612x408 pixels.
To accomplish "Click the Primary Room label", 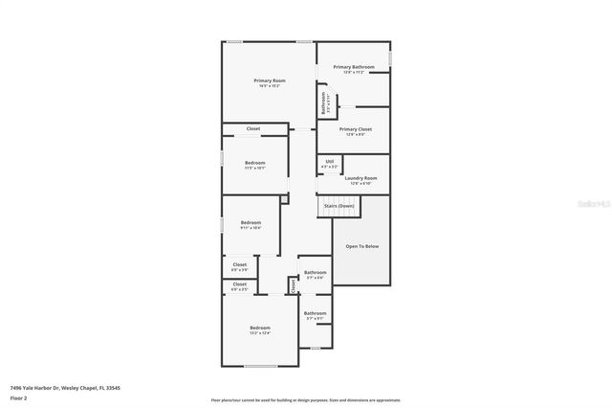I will pyautogui.click(x=270, y=80).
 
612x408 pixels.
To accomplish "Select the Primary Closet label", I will pyautogui.click(x=355, y=128).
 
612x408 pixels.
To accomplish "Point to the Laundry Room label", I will pyautogui.click(x=361, y=178).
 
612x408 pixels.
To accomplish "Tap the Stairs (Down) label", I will pyautogui.click(x=339, y=205).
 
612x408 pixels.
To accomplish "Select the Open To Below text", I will pyautogui.click(x=361, y=246).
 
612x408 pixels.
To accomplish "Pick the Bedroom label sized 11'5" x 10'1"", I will pyautogui.click(x=254, y=163).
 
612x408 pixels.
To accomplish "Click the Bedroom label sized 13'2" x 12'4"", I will pyautogui.click(x=260, y=328).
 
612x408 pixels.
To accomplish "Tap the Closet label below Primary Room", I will pyautogui.click(x=253, y=128).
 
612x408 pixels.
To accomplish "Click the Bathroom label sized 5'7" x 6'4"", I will pyautogui.click(x=315, y=273).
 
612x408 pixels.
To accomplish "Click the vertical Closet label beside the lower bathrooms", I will pyautogui.click(x=293, y=284).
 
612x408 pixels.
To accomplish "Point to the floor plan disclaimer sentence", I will pyautogui.click(x=306, y=399).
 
